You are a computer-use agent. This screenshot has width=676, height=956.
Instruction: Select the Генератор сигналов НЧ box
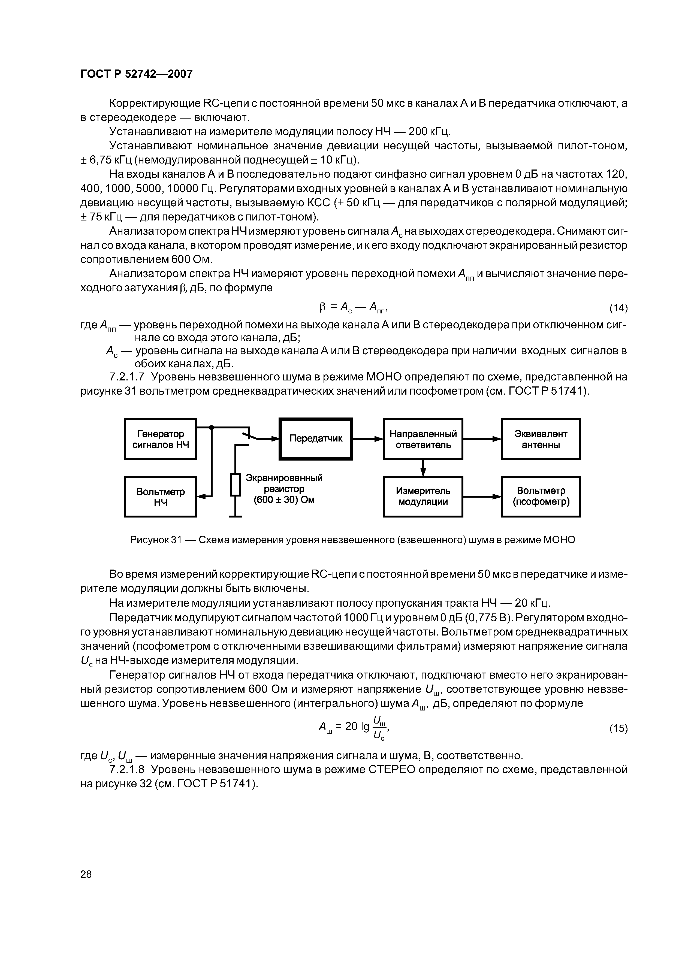pyautogui.click(x=160, y=439)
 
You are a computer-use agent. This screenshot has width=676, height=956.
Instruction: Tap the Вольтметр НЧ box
pyautogui.click(x=160, y=497)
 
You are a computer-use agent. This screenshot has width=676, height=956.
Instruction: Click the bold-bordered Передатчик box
pyautogui.click(x=316, y=438)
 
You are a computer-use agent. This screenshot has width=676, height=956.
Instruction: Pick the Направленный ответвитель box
pyautogui.click(x=423, y=439)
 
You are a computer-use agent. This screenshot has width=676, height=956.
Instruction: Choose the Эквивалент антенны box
pyautogui.click(x=540, y=439)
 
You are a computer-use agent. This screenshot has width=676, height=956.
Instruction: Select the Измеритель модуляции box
pyautogui.click(x=423, y=497)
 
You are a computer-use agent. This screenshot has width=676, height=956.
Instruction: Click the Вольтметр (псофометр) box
pyautogui.click(x=541, y=497)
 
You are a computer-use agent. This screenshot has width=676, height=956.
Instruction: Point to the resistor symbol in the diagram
pyautogui.click(x=236, y=484)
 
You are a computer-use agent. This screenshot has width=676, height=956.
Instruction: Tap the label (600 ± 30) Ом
pyautogui.click(x=284, y=499)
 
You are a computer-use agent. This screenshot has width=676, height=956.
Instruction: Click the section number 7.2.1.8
pyautogui.click(x=127, y=770)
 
